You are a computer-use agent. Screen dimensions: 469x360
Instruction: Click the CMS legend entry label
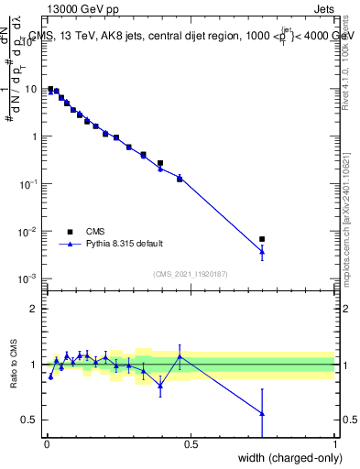click(x=96, y=231)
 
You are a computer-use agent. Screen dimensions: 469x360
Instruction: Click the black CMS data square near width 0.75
click(x=262, y=239)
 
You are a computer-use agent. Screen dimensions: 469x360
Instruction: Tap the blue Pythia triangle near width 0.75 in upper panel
click(x=262, y=251)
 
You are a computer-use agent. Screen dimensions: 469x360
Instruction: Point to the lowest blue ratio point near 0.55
click(x=262, y=413)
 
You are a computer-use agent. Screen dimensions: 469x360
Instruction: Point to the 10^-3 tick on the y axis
click(x=28, y=278)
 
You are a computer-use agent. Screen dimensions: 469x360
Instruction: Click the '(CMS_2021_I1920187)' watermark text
click(x=191, y=274)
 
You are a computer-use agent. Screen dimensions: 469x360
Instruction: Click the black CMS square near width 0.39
click(x=160, y=163)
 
